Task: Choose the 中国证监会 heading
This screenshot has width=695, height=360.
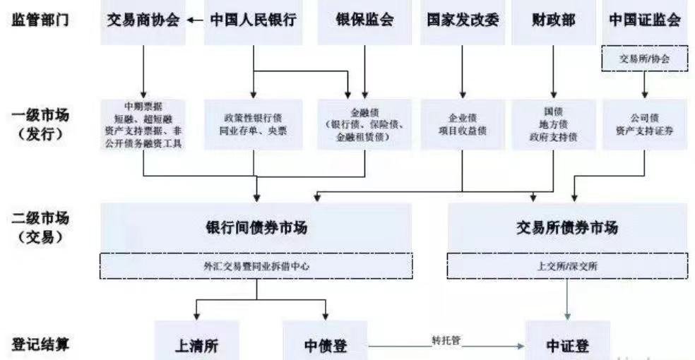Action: pyautogui.click(x=644, y=20)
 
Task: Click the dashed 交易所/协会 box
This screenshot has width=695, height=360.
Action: pyautogui.click(x=644, y=59)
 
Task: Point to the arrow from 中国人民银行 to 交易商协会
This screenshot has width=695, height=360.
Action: pyautogui.click(x=196, y=20)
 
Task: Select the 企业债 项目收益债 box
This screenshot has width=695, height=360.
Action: pyautogui.click(x=463, y=124)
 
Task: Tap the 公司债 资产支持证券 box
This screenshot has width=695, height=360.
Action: pyautogui.click(x=644, y=124)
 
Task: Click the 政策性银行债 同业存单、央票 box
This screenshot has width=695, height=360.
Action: pyautogui.click(x=253, y=124)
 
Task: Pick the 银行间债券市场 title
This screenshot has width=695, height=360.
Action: pyautogui.click(x=256, y=228)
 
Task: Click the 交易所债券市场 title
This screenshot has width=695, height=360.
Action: pyautogui.click(x=566, y=228)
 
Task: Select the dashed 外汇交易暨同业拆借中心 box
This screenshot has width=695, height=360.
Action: pyautogui.click(x=256, y=266)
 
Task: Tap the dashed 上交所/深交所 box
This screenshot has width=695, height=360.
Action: pyautogui.click(x=566, y=266)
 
